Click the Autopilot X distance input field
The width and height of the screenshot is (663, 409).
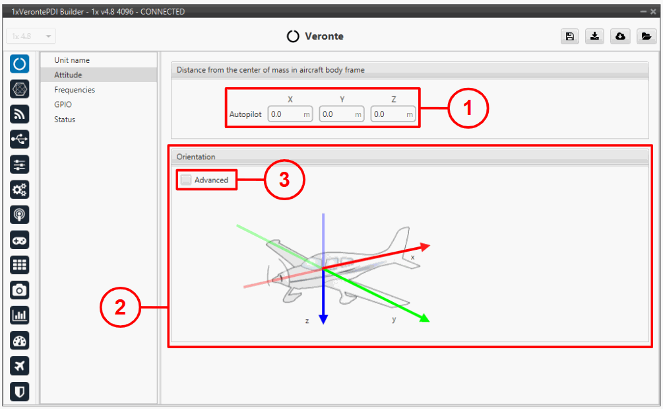[x=290, y=114]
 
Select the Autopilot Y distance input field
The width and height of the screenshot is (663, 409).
[x=342, y=114]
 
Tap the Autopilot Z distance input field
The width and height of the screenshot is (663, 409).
[x=393, y=114]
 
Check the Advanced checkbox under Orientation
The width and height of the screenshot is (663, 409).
[x=186, y=180]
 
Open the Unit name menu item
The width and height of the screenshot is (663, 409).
[x=72, y=60]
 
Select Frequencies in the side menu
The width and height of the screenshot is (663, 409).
[x=75, y=90]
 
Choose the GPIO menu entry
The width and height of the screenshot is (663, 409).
[x=63, y=104]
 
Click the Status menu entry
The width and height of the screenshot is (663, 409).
[x=65, y=120]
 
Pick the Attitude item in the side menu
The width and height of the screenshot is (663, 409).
[x=68, y=75]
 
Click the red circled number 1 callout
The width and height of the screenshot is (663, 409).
[x=468, y=108]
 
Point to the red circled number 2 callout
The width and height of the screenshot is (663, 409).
[x=120, y=307]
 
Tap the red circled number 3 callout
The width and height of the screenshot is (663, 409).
[x=284, y=180]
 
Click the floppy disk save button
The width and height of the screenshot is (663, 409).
[x=570, y=36]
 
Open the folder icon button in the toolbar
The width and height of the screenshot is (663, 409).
[x=646, y=36]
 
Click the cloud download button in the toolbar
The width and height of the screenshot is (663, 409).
[x=620, y=36]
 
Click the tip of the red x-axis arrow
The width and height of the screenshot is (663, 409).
[x=430, y=245]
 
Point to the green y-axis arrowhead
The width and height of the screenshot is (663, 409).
[x=425, y=318]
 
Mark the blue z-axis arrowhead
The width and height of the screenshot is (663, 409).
[x=323, y=319]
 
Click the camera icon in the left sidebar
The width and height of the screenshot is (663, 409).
[x=19, y=291]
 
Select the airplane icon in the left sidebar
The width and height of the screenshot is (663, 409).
[x=19, y=366]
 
